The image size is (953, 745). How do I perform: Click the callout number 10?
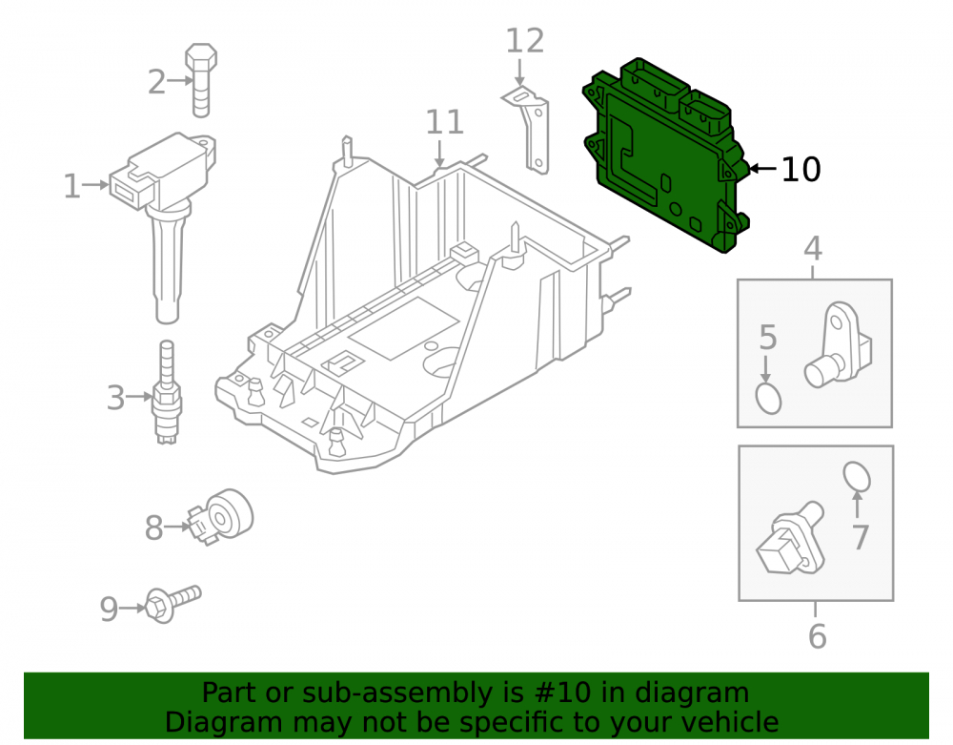click(801, 169)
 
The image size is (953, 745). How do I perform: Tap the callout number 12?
click(524, 41)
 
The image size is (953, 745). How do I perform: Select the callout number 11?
click(444, 122)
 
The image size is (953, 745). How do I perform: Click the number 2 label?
click(157, 81)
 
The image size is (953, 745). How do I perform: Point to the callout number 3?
click(115, 399)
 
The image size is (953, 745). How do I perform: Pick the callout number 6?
click(817, 636)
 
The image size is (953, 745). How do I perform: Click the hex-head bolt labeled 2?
click(200, 80)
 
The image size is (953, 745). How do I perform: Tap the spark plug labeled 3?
click(167, 393)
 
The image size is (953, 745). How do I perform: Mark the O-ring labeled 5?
click(768, 399)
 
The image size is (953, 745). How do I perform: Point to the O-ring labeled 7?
click(857, 476)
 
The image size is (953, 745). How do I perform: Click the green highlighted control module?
click(665, 155)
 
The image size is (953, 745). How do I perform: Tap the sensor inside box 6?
click(790, 539)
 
